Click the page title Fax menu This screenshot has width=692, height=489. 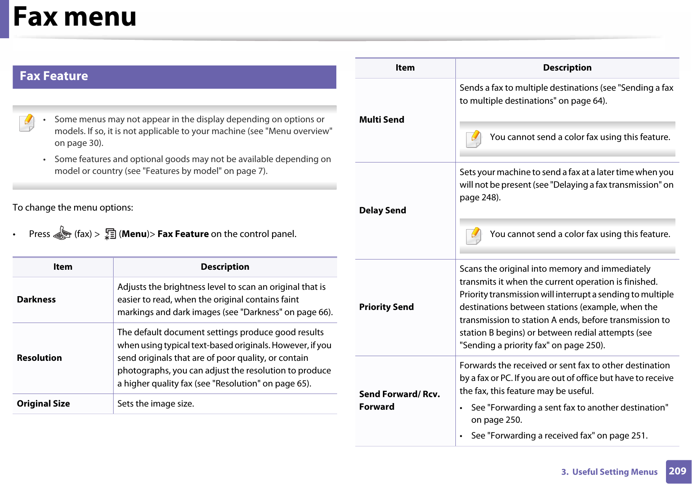pyautogui.click(x=75, y=17)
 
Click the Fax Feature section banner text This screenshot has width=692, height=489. pyautogui.click(x=54, y=76)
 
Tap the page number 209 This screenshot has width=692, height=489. pyautogui.click(x=677, y=471)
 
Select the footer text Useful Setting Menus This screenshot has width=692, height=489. pyautogui.click(x=614, y=472)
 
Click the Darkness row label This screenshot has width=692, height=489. pyautogui.click(x=36, y=300)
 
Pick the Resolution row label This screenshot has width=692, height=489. pyautogui.click(x=39, y=358)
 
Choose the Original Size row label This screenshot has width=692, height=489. pyautogui.click(x=43, y=404)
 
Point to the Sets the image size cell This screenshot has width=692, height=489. pyautogui.click(x=156, y=404)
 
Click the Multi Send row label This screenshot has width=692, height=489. pyautogui.click(x=382, y=120)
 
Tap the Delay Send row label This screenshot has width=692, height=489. pyautogui.click(x=382, y=211)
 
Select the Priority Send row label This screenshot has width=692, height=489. pyautogui.click(x=386, y=307)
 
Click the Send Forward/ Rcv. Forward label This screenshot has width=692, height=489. pyautogui.click(x=399, y=400)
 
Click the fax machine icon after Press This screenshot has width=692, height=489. pyautogui.click(x=62, y=233)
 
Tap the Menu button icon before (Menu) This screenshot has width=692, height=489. pyautogui.click(x=110, y=234)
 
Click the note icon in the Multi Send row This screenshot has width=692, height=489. pyautogui.click(x=474, y=138)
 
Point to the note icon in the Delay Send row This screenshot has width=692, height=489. pyautogui.click(x=474, y=235)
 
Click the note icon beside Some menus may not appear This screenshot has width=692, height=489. pyautogui.click(x=27, y=123)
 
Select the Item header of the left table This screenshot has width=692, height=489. pyautogui.click(x=63, y=267)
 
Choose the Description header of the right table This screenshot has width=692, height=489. pyautogui.click(x=567, y=68)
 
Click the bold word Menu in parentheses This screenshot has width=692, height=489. pyautogui.click(x=134, y=234)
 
